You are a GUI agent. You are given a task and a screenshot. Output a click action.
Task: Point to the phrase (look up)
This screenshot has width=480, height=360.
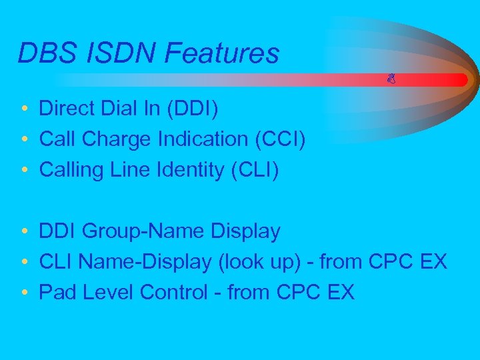click(x=259, y=262)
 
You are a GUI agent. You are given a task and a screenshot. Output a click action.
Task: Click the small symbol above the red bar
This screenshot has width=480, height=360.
click(x=392, y=79)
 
